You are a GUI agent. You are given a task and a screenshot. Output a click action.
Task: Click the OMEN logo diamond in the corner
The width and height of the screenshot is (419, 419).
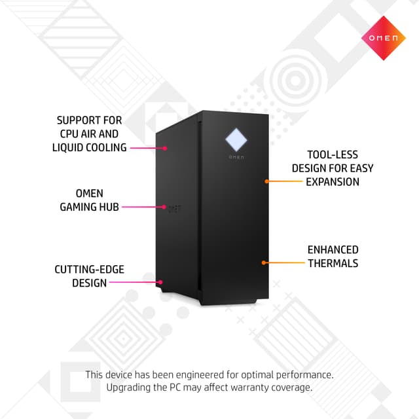click(384, 38)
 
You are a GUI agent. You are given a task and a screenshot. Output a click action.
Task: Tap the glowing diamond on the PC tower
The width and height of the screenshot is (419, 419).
click(236, 139)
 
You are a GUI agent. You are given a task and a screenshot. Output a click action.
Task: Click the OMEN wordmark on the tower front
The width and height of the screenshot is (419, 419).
click(236, 157)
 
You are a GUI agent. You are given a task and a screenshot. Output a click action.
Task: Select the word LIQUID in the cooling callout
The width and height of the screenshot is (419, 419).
click(67, 147)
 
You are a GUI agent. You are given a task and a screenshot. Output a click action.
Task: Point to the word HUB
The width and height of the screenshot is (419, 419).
click(109, 207)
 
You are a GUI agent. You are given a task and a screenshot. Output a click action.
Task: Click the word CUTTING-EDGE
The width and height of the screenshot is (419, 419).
click(89, 269)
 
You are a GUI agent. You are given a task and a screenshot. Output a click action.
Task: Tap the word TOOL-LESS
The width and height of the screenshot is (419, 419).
click(333, 155)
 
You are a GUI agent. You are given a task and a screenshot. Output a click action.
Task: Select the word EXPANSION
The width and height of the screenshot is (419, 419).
click(333, 182)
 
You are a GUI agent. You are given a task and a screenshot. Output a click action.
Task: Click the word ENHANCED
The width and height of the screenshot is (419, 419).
click(333, 250)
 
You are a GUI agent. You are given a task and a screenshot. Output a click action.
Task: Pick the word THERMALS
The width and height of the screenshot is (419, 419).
click(333, 263)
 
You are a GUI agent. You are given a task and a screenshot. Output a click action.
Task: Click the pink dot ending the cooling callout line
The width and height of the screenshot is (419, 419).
click(165, 149)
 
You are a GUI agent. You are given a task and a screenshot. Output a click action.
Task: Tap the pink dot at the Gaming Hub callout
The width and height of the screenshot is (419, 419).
click(164, 207)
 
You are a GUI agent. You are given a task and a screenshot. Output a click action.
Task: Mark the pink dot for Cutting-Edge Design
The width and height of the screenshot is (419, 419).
click(160, 282)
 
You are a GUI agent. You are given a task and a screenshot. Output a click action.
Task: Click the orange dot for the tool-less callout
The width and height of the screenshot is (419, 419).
click(266, 181)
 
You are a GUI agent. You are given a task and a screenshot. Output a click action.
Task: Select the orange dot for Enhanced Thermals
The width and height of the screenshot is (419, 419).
click(264, 263)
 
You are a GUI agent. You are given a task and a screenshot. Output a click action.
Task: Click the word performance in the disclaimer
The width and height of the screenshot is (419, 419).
click(304, 375)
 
